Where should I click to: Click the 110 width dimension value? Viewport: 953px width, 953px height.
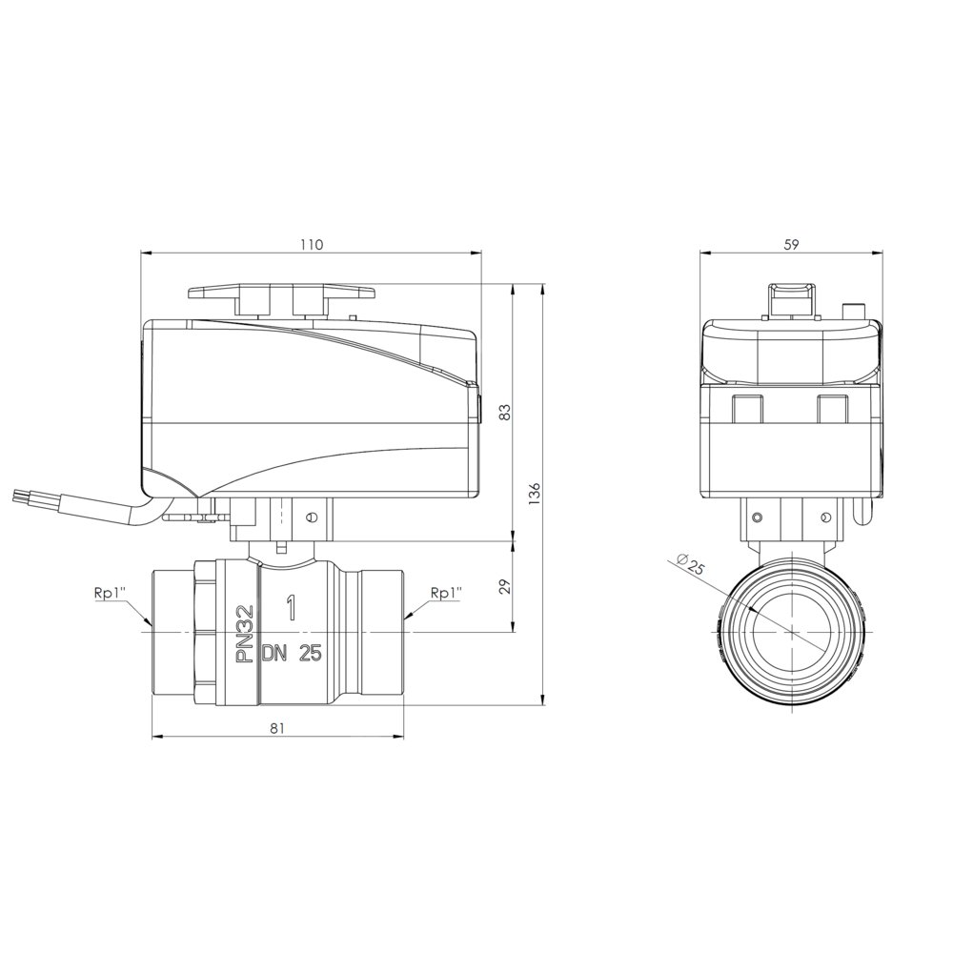(312, 244)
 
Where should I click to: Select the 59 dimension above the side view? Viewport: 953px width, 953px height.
(790, 244)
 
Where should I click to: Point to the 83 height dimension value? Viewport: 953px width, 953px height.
(506, 412)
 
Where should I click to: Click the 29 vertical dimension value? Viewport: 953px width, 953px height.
(506, 585)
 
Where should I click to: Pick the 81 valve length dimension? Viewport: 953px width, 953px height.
(277, 728)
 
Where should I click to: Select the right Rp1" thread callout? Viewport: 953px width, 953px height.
(446, 593)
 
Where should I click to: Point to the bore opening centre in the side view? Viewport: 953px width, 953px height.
(790, 630)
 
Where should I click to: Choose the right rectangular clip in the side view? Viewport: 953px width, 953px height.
(835, 409)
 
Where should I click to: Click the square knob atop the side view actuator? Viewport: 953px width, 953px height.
(791, 297)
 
